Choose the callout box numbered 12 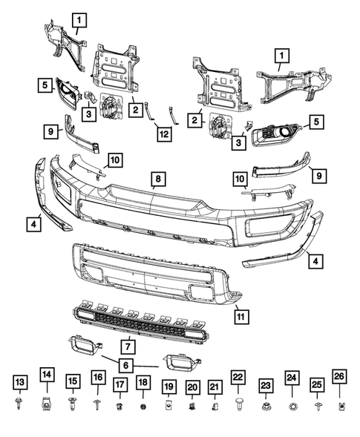click(x=162, y=134)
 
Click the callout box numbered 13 click(x=19, y=381)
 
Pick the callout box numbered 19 click(x=168, y=386)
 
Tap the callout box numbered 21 click(x=215, y=386)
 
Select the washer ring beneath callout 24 click(x=292, y=407)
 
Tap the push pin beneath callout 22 click(x=239, y=404)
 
